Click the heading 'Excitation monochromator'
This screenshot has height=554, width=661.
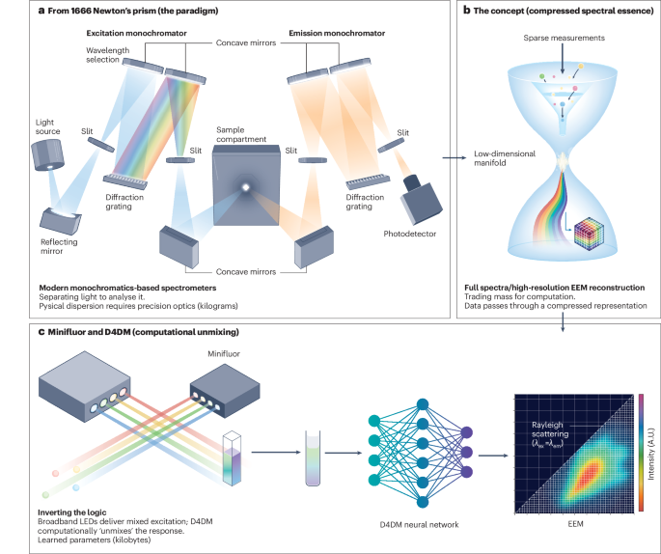pos(140,33)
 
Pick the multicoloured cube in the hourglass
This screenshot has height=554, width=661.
pos(587,236)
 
